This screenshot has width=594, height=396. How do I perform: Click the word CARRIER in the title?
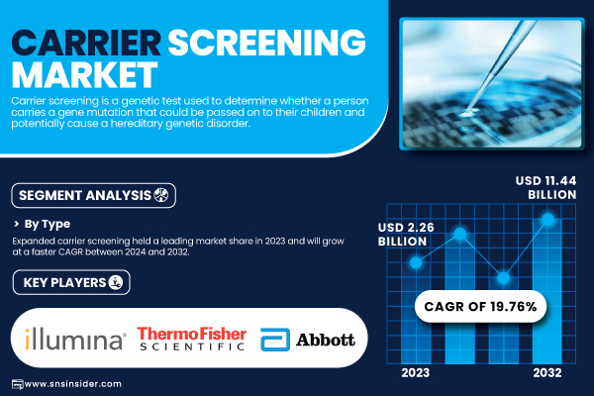(x=86, y=43)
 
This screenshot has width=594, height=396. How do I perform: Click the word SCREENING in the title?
(x=266, y=43)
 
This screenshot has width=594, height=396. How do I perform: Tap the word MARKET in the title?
(x=84, y=74)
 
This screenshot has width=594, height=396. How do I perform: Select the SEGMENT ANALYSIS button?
(x=94, y=196)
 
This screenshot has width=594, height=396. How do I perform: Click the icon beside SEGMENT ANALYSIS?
(x=161, y=195)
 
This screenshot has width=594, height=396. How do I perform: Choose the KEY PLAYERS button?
(x=71, y=282)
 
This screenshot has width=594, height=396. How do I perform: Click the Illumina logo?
(x=75, y=339)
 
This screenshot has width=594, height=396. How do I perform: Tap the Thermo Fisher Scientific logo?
(x=192, y=339)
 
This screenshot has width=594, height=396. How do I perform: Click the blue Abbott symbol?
(x=275, y=340)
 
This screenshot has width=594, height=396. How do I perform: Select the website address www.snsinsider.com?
(x=72, y=384)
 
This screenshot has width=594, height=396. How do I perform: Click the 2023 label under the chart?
(x=416, y=373)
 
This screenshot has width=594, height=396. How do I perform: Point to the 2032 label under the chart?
(x=547, y=373)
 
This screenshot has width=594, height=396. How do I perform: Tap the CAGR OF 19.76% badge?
(x=480, y=307)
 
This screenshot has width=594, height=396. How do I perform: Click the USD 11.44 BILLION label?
(x=545, y=187)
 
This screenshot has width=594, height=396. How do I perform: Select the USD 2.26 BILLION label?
(x=406, y=235)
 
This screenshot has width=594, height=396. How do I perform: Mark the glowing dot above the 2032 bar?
(x=547, y=219)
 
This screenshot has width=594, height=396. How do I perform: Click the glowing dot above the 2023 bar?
(x=416, y=262)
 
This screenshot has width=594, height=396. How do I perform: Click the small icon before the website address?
(x=18, y=384)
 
